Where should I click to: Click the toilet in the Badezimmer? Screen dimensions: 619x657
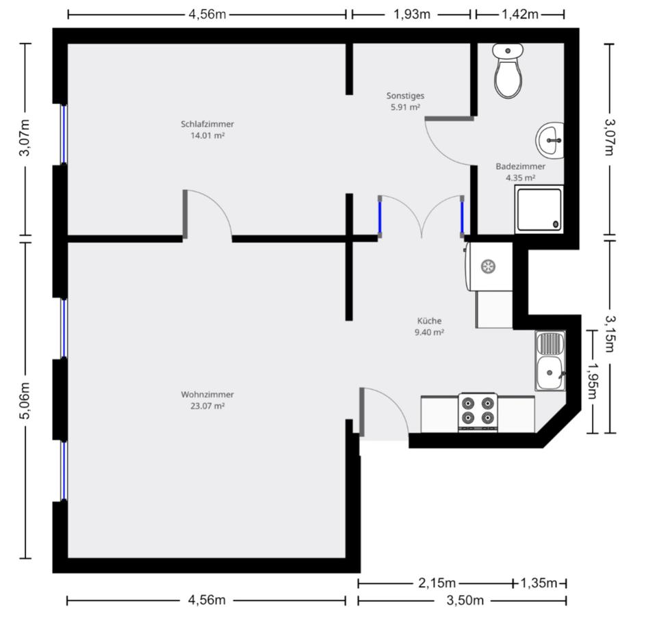pyautogui.click(x=508, y=71)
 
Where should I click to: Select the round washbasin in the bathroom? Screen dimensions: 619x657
pyautogui.click(x=550, y=140)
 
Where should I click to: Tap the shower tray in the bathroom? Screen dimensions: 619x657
pyautogui.click(x=539, y=209)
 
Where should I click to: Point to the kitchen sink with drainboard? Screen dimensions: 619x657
pyautogui.click(x=550, y=361)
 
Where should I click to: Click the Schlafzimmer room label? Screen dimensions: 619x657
pyautogui.click(x=207, y=124)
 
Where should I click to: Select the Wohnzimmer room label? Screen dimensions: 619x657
pyautogui.click(x=207, y=395)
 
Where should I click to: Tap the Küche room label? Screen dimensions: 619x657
pyautogui.click(x=430, y=320)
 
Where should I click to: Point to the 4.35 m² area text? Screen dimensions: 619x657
pyautogui.click(x=520, y=178)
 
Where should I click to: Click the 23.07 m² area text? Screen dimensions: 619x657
pyautogui.click(x=207, y=406)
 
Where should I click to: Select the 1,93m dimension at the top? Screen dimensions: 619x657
pyautogui.click(x=411, y=14)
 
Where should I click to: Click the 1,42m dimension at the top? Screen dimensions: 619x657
pyautogui.click(x=520, y=14)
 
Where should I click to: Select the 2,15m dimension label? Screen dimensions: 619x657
pyautogui.click(x=436, y=583)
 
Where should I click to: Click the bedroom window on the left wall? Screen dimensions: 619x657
pyautogui.click(x=64, y=135)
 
